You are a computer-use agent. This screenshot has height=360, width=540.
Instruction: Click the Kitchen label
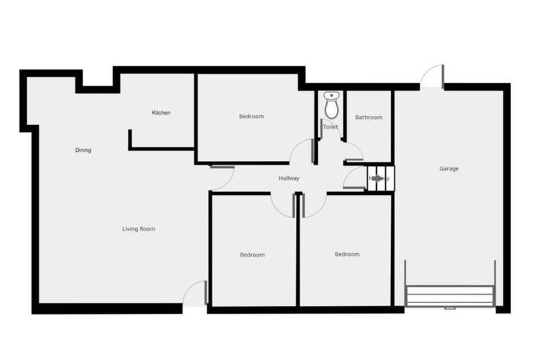pyautogui.click(x=161, y=112)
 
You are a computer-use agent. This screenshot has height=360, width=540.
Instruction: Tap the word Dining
pyautogui.click(x=83, y=150)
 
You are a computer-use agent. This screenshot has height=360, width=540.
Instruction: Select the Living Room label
pyautogui.click(x=139, y=229)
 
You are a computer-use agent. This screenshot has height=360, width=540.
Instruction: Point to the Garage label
pyautogui.click(x=449, y=169)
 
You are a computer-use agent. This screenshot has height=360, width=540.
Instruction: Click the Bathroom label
pyautogui.click(x=368, y=117)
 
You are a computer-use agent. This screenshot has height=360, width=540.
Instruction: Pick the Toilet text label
pyautogui.click(x=330, y=127)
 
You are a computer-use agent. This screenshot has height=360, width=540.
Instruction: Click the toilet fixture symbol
pyautogui.click(x=331, y=105)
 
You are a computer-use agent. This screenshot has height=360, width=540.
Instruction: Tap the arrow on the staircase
pyautogui.click(x=380, y=179)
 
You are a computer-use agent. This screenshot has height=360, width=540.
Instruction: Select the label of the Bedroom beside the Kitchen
pyautogui.click(x=251, y=116)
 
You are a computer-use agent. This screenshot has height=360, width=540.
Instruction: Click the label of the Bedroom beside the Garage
pyautogui.click(x=347, y=254)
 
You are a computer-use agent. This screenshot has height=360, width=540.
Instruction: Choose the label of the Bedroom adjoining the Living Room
pyautogui.click(x=252, y=255)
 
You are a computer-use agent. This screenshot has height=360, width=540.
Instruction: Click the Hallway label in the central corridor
pyautogui.click(x=289, y=178)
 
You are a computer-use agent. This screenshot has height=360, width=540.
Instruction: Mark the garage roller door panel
pyautogui.click(x=450, y=295)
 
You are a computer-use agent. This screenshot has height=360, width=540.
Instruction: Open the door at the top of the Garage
pyautogui.click(x=432, y=77)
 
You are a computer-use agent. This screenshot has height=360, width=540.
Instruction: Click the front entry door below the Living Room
pyautogui.click(x=195, y=294)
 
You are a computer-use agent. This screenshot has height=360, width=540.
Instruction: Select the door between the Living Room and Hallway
pyautogui.click(x=222, y=177)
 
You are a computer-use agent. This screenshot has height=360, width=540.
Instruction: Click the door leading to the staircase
pyautogui.click(x=354, y=179)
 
